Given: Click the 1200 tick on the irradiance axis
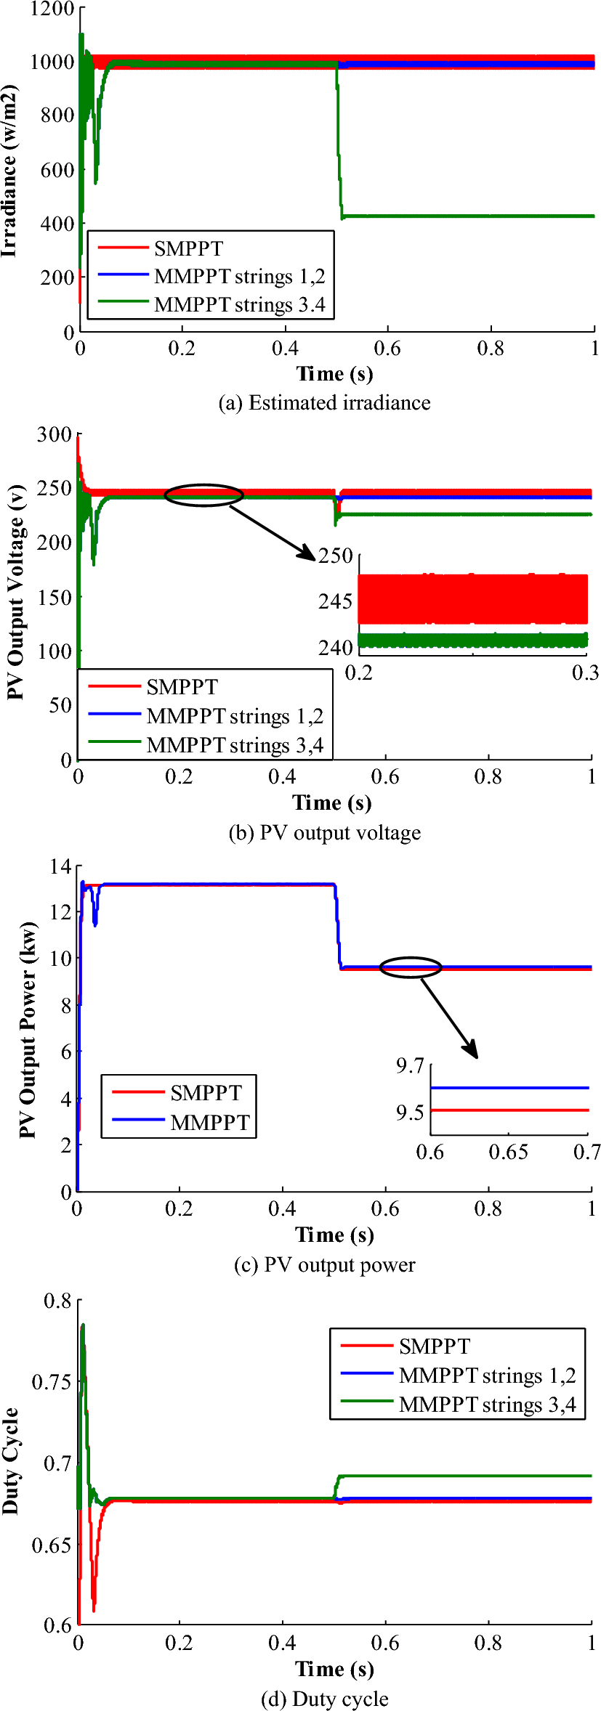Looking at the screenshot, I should tap(52, 9).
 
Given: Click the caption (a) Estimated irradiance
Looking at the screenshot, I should tap(324, 403).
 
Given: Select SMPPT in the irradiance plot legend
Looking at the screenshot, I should tap(188, 249).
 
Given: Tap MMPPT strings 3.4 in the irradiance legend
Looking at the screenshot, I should tap(239, 305).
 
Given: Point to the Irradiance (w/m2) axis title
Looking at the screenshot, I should tap(9, 171).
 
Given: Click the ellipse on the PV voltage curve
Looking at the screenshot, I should tap(204, 495).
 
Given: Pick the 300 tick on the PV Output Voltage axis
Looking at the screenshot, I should tap(55, 435).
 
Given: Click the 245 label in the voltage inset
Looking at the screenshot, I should tap(335, 601).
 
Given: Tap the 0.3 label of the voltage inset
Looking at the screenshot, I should tap(586, 673).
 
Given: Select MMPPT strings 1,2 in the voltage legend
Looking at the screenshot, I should tap(235, 717).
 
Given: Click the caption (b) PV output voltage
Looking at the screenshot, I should tap(324, 833).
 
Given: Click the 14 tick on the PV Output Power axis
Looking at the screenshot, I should tap(60, 866).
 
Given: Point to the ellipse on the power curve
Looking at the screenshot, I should tap(411, 967).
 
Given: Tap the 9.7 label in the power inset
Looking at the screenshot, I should tap(410, 1066).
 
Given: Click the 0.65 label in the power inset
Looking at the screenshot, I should tap(508, 1153).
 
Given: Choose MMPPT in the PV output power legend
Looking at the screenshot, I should tap(210, 1123).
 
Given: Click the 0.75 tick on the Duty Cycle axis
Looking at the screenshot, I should tap(52, 1382).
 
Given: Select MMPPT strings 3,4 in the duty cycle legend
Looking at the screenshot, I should tap(487, 1405).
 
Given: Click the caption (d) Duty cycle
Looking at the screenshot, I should tap(324, 1699).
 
